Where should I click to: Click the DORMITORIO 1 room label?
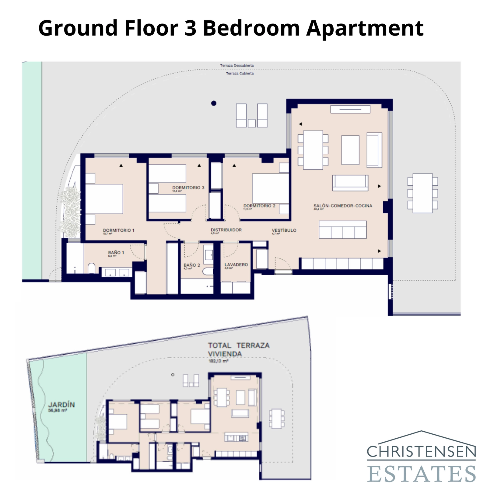coord(118,230)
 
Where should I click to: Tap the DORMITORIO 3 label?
coord(188,187)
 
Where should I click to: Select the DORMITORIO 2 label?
coord(259,206)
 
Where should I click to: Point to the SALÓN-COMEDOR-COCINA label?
coord(343,206)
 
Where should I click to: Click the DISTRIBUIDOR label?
coord(226,230)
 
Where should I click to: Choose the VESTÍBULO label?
coord(284,230)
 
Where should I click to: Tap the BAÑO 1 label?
coord(116,253)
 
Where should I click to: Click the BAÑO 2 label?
coord(192,265)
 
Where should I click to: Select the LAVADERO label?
coord(236,265)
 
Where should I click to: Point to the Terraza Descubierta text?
coord(237,65)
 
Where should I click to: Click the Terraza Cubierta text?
coord(240,73)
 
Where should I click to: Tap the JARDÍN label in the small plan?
coord(61,405)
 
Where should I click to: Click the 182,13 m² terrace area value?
coord(218,361)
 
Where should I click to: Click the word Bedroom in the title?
coord(251,28)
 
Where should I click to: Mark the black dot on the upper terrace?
coord(214,103)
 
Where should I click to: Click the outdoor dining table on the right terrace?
coord(422,193)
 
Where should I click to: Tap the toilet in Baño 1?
coord(91,268)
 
